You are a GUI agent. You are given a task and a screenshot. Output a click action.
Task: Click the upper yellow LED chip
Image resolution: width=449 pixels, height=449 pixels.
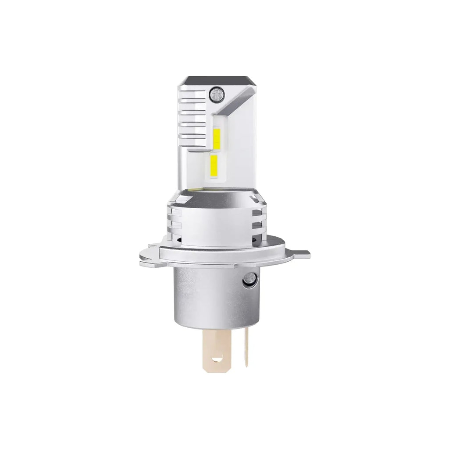pos(217,138)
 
